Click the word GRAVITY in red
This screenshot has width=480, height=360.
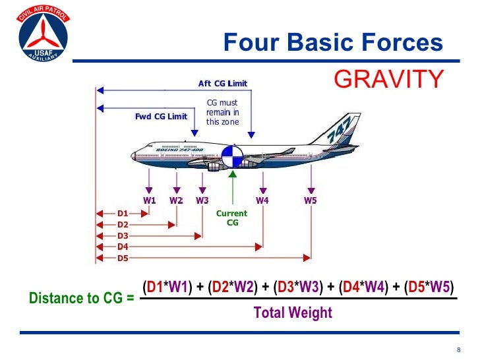[x=389, y=78]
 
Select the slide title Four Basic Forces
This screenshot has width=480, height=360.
[x=333, y=43]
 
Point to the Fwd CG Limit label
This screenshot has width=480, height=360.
[x=161, y=117]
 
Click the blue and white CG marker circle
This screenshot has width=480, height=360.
[x=232, y=158]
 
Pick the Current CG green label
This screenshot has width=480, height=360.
[x=231, y=218]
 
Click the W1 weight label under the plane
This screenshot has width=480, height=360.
[x=150, y=200]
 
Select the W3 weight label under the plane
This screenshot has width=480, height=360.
[x=202, y=200]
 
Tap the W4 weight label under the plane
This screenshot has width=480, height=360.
[x=262, y=200]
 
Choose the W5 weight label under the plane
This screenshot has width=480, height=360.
[x=311, y=200]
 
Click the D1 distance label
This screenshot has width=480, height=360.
[x=123, y=214]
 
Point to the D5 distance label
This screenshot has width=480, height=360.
[x=123, y=258]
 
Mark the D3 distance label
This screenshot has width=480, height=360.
[x=123, y=235]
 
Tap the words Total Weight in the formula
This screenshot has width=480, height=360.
[x=293, y=313]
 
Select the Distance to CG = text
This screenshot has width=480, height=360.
[x=82, y=298]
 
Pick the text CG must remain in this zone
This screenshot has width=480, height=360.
[x=222, y=112]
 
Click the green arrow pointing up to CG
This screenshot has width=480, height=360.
[x=232, y=188]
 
